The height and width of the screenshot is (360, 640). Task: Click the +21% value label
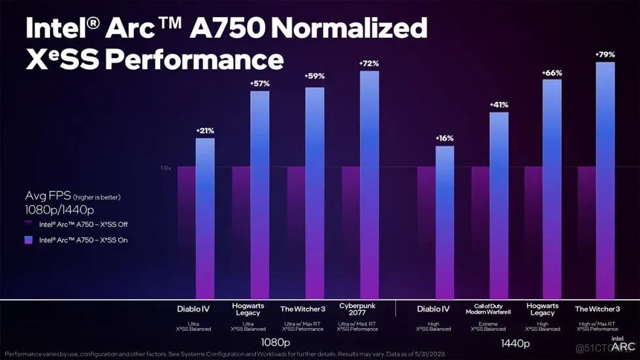click(205, 131)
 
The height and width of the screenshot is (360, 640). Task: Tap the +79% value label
click(605, 54)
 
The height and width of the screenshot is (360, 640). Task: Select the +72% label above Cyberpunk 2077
click(369, 63)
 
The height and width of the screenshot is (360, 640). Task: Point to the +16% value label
click(444, 139)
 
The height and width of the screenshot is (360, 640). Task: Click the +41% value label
click(498, 105)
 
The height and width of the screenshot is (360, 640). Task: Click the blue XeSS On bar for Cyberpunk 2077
click(369, 183)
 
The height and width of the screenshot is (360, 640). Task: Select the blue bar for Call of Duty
click(498, 203)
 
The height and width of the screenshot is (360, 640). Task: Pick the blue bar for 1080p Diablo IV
click(205, 216)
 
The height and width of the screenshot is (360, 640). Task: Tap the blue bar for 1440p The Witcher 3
click(605, 176)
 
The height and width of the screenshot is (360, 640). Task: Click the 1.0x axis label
click(165, 168)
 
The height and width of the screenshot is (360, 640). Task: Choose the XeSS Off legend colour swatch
click(29, 224)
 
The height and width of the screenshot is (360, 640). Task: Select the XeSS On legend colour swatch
click(29, 240)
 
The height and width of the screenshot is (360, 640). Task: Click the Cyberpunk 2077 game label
click(357, 309)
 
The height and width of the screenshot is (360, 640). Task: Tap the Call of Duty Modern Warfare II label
click(488, 309)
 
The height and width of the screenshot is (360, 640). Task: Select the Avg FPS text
click(46, 196)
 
